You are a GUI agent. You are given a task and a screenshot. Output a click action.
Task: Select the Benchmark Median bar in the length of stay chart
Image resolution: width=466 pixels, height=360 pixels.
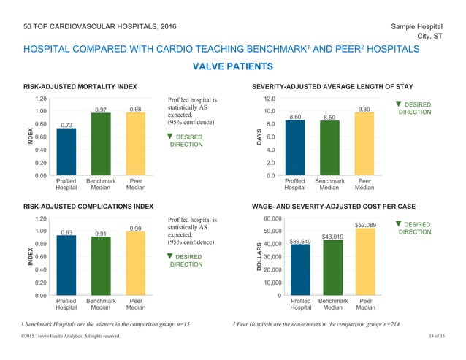coord(329,148)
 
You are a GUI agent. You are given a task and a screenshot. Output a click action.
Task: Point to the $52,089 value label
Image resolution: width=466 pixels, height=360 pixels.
coord(364,224)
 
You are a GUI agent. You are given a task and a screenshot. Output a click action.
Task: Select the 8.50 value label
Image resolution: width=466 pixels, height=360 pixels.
coord(329,116)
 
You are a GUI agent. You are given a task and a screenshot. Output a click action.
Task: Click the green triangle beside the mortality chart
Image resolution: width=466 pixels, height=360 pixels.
coord(170,136)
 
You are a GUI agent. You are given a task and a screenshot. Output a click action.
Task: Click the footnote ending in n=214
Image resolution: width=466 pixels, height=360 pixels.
coord(318,322)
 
